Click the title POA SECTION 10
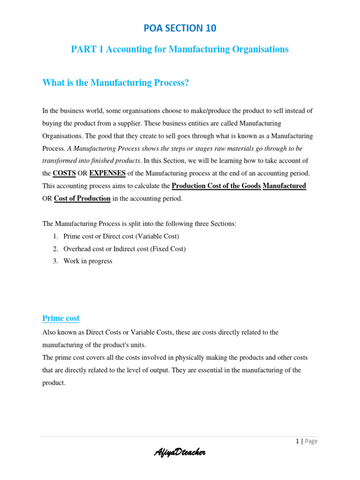pos(180,28)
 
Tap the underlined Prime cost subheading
pos(61,318)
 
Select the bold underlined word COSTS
pos(64,173)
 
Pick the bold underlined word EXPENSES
pos(107,173)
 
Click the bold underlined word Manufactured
pos(285,186)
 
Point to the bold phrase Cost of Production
pos(82,198)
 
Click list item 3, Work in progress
pos(88,261)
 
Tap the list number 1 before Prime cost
pos(55,236)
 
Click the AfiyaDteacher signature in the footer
pos(180,452)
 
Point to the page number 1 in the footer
pos(297,441)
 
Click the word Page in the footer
pos(310,441)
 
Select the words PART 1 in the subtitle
pos(87,49)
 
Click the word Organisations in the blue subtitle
pos(261,49)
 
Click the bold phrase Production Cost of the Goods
pos(216,186)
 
